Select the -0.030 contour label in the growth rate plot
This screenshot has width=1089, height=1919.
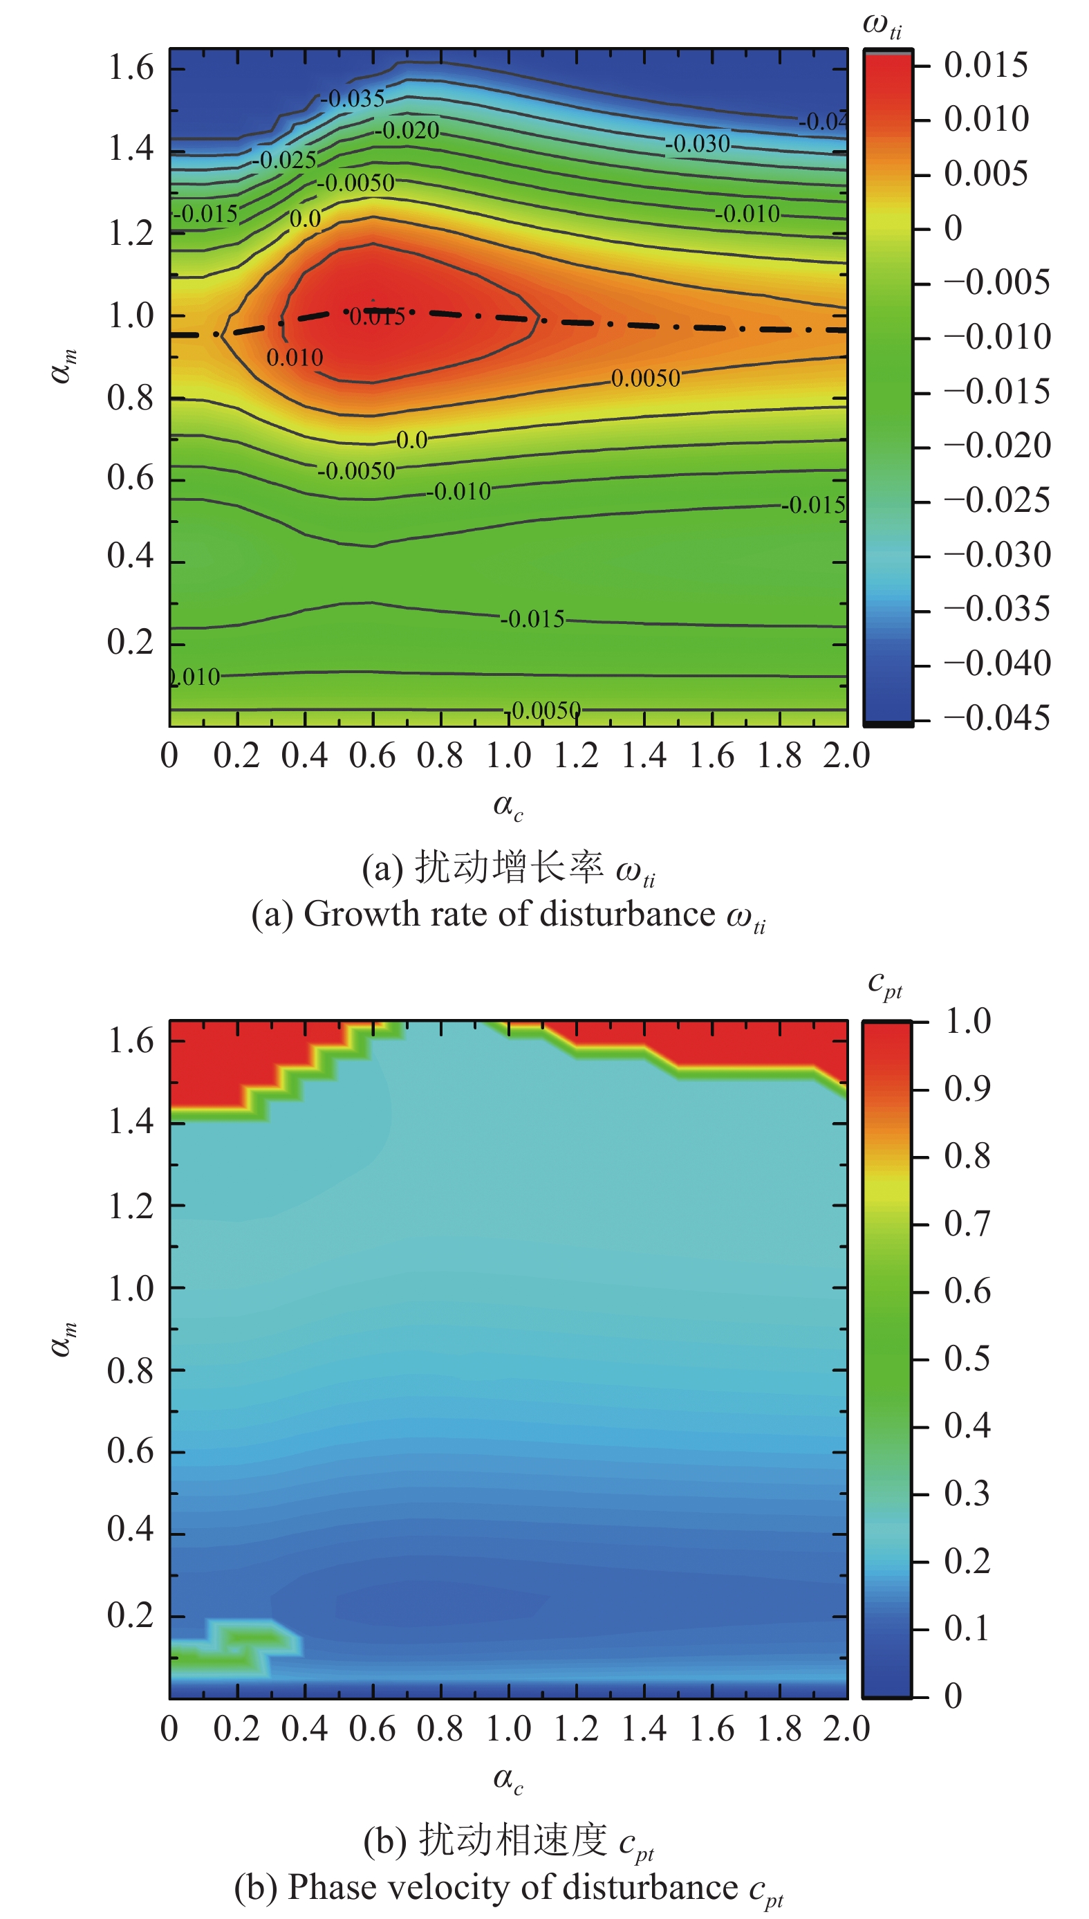point(697,143)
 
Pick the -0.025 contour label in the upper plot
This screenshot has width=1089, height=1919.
point(283,159)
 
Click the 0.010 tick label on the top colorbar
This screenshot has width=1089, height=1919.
point(986,119)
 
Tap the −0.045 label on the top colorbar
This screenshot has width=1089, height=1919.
point(997,718)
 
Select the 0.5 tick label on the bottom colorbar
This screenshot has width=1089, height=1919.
point(967,1358)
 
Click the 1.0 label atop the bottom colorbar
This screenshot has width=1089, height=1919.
point(968,1021)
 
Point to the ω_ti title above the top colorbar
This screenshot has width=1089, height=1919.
point(882,25)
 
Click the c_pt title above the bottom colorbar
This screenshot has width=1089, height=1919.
point(885,984)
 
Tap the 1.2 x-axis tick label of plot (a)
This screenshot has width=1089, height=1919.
point(576,755)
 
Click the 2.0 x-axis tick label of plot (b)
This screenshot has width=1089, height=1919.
point(847,1728)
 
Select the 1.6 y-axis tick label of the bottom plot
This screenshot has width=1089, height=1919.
point(131,1040)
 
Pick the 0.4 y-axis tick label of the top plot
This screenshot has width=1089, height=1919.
point(130,556)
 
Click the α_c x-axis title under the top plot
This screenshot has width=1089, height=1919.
point(508,807)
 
